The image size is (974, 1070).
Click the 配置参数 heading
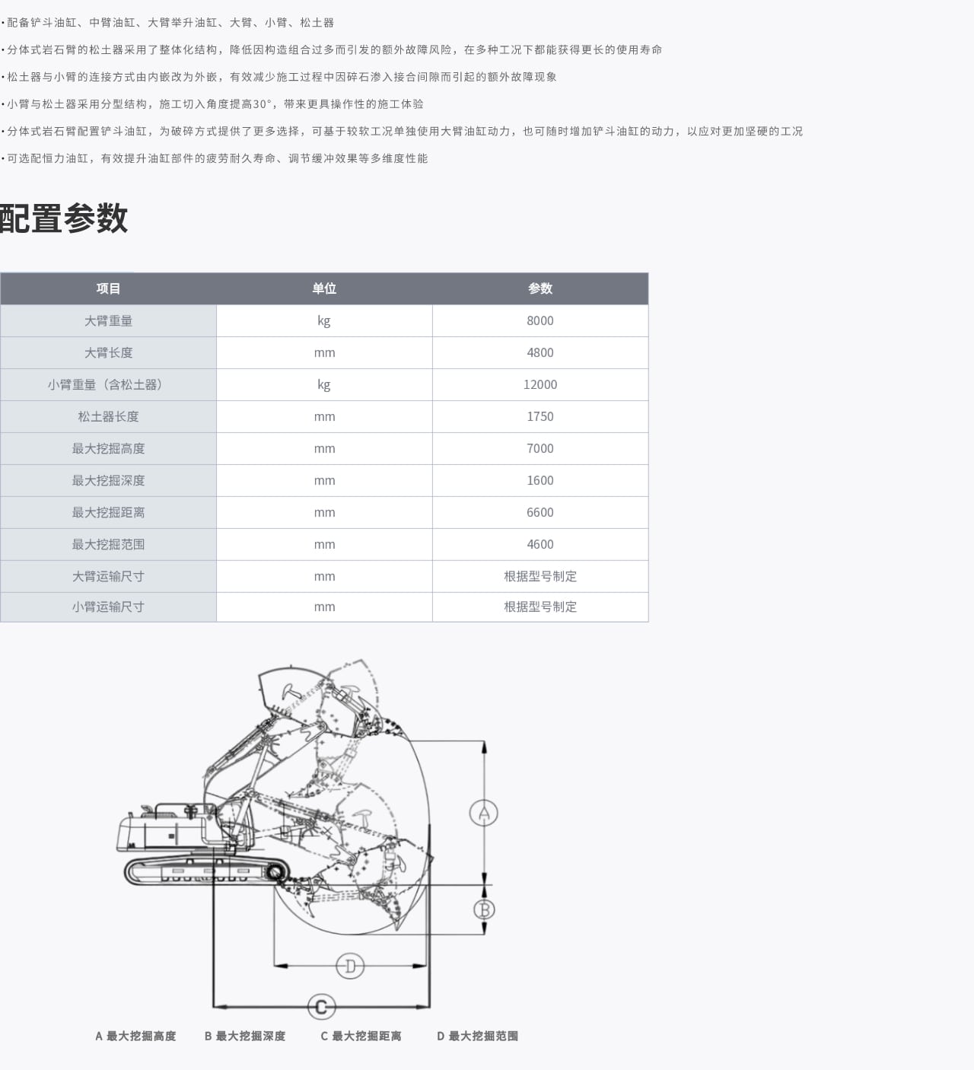point(64,218)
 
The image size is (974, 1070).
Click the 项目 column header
point(108,288)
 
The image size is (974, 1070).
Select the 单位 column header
point(324,288)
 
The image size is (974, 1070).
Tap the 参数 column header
point(540,288)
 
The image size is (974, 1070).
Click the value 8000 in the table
point(540,320)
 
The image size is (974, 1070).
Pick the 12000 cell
point(540,384)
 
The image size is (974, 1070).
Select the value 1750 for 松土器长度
point(540,416)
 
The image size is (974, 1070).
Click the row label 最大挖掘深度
point(108,480)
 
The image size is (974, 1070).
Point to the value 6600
point(540,512)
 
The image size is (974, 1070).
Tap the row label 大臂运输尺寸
point(108,576)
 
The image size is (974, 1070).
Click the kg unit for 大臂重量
point(324,320)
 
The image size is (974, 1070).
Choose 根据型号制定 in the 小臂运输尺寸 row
point(540,607)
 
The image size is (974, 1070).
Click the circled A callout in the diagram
point(484,813)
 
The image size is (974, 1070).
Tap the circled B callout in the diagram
point(484,909)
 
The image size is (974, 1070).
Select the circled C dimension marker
point(321,1007)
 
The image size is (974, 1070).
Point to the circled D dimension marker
point(350,966)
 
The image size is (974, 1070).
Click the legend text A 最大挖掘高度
point(135,1036)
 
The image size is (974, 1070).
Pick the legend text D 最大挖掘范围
point(477,1036)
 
